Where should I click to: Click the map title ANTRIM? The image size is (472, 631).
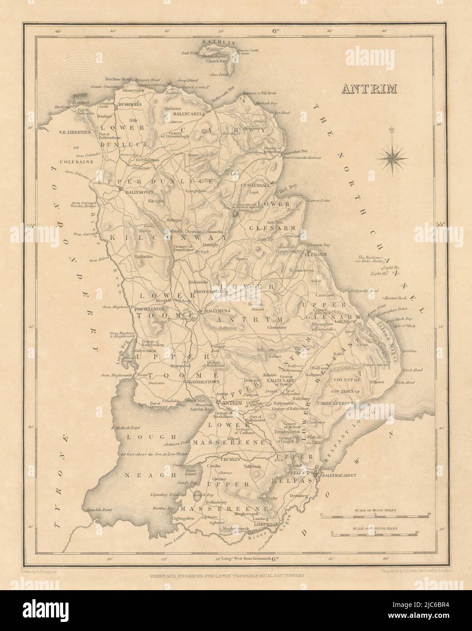point(369,88)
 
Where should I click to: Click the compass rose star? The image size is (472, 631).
point(393,157)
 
